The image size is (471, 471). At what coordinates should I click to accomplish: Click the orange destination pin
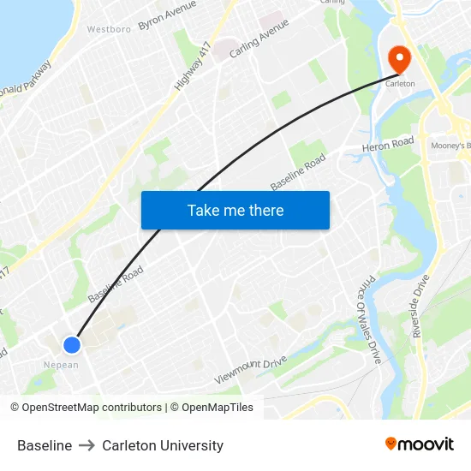399,57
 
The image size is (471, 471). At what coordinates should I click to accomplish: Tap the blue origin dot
72,344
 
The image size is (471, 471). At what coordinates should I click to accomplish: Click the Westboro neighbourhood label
109,29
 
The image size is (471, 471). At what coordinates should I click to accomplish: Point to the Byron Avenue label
167,15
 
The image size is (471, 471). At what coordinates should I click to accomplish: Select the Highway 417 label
193,65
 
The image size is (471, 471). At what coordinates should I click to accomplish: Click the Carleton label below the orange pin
399,84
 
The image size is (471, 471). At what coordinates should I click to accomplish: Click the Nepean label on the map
62,365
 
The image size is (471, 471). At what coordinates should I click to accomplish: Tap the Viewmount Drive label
250,370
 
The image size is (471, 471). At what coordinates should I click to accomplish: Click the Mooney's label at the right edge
450,146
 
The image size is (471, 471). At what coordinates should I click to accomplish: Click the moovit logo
420,444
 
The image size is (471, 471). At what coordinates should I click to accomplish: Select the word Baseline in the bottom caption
45,445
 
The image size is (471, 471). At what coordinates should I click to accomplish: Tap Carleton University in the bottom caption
163,445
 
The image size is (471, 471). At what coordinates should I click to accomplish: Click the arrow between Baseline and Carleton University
87,445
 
